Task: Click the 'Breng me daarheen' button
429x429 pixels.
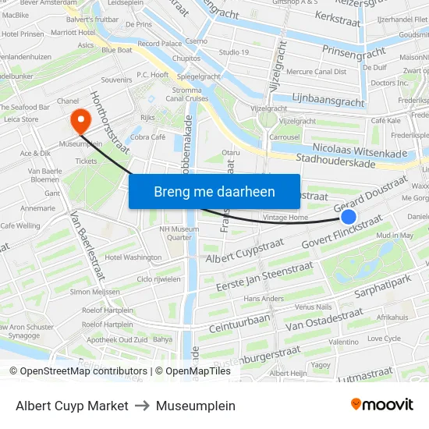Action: click(x=214, y=191)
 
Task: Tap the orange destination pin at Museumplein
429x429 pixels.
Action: click(x=80, y=121)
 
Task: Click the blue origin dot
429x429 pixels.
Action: click(x=349, y=217)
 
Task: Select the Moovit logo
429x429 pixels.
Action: click(x=381, y=405)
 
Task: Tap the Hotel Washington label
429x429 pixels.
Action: click(x=133, y=257)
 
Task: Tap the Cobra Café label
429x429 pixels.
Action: click(x=148, y=136)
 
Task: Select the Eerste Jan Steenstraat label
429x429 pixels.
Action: click(x=264, y=276)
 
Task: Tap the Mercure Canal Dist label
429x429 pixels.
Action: click(x=316, y=72)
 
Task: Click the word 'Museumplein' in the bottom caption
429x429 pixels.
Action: click(x=195, y=406)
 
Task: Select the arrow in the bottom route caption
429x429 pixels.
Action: click(x=142, y=406)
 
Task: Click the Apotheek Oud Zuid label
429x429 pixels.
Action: click(x=119, y=339)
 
